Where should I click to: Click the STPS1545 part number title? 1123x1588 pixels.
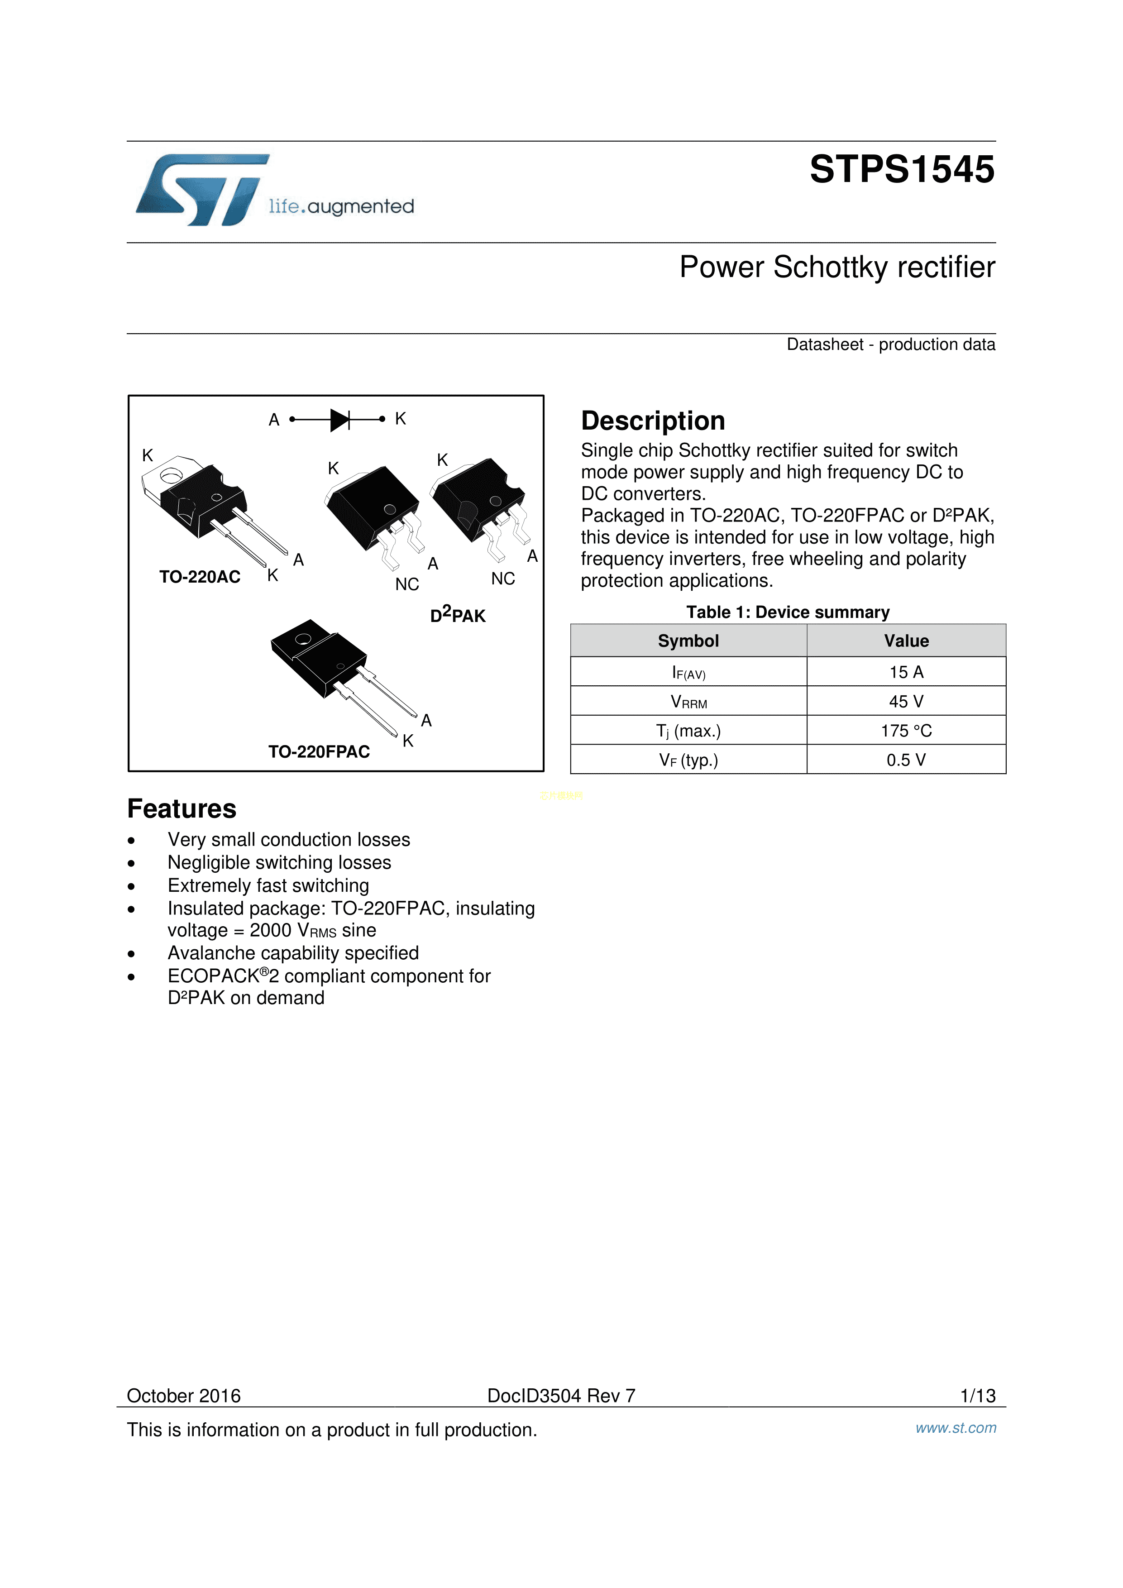pyautogui.click(x=902, y=169)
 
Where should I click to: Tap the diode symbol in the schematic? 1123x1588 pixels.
pyautogui.click(x=339, y=419)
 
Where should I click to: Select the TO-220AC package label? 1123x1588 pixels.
pyautogui.click(x=200, y=577)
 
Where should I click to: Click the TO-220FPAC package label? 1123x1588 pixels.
pyautogui.click(x=319, y=752)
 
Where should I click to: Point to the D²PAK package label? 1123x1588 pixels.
pyautogui.click(x=458, y=615)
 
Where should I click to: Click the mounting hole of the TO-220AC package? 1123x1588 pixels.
pyautogui.click(x=171, y=476)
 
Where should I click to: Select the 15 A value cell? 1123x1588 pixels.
pyautogui.click(x=906, y=672)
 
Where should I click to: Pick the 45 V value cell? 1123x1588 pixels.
pyautogui.click(x=906, y=701)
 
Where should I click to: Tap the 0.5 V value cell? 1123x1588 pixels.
pyautogui.click(x=906, y=760)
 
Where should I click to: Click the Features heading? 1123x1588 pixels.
pyautogui.click(x=182, y=808)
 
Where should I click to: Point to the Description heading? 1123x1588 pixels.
pyautogui.click(x=653, y=421)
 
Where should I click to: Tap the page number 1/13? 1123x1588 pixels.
pyautogui.click(x=978, y=1396)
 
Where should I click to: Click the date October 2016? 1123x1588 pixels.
pyautogui.click(x=184, y=1396)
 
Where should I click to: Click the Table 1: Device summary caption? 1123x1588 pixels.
pyautogui.click(x=788, y=612)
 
